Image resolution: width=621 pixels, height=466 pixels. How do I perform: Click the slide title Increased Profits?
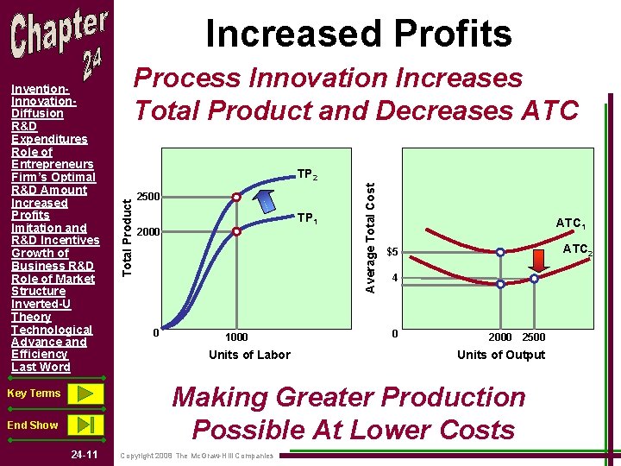[358, 34]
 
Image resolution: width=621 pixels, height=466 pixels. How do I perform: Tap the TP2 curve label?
[307, 175]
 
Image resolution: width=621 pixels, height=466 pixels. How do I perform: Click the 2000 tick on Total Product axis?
[151, 232]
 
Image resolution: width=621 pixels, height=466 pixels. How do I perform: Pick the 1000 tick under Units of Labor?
[236, 337]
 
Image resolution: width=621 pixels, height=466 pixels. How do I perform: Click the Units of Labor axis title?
[249, 355]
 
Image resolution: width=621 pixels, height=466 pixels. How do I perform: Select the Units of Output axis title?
[500, 355]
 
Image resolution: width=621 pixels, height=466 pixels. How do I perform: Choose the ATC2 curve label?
[577, 250]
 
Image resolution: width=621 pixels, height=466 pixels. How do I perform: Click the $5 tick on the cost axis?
[392, 253]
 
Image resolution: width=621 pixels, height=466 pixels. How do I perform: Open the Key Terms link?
[34, 394]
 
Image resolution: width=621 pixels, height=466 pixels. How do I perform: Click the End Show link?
[32, 425]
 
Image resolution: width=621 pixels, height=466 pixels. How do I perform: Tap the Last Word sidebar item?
[41, 367]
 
